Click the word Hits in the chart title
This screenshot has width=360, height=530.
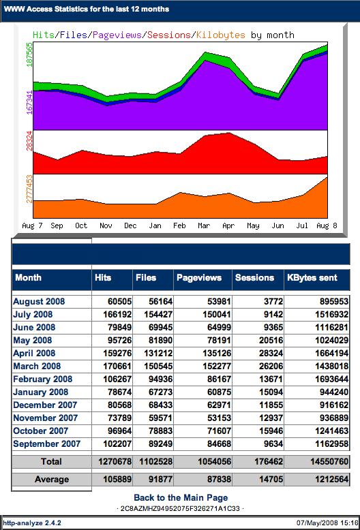[44, 35]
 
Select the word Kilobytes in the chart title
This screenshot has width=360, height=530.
[221, 35]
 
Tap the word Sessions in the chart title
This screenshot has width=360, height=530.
[169, 35]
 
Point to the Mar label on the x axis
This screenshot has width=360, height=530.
[204, 225]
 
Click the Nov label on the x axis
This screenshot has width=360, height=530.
[106, 225]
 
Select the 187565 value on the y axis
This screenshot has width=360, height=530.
[29, 54]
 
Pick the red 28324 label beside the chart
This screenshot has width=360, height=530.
[29, 140]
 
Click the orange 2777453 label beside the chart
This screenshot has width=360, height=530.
[29, 189]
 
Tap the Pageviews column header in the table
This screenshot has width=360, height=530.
[199, 277]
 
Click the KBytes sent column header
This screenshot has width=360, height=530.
[312, 277]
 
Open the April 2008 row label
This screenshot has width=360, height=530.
[34, 354]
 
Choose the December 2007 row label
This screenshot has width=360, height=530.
[45, 405]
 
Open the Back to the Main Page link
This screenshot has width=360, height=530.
[181, 497]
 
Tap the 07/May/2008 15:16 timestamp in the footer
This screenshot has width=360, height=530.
[327, 523]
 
